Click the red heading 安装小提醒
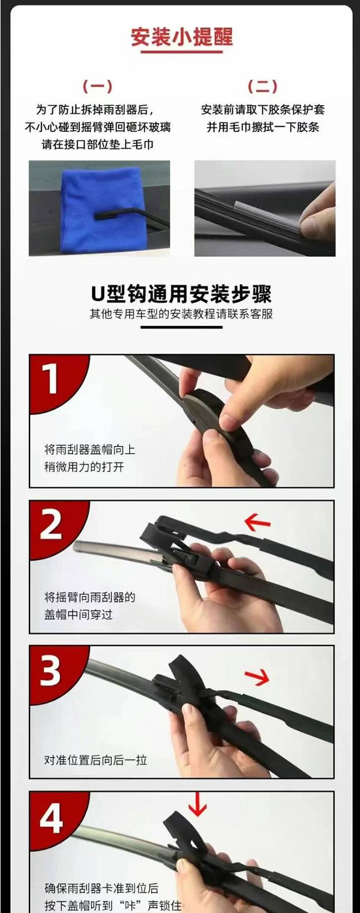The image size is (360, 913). coord(182,37)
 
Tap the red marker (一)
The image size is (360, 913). coord(97,86)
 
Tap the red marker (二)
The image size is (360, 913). coord(263,86)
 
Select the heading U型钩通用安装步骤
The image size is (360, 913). coord(181,294)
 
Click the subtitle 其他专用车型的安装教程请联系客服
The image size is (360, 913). coord(181,314)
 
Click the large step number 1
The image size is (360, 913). coord(50,379)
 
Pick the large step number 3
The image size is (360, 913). coord(50,670)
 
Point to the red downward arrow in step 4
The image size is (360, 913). coord(197,804)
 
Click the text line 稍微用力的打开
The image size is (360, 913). coord(84,466)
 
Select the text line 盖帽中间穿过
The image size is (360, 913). coord(78,614)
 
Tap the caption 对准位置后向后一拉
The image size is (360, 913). coord(95,760)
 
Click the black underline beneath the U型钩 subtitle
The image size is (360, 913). coord(182,327)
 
